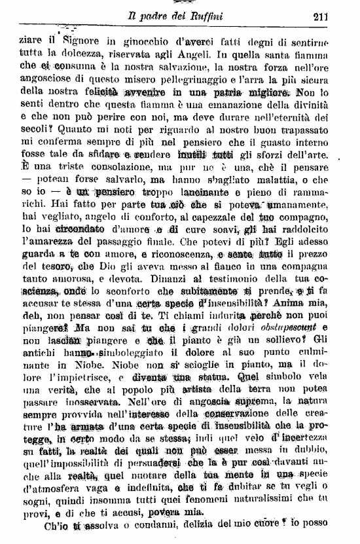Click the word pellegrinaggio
click(x=187, y=79)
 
